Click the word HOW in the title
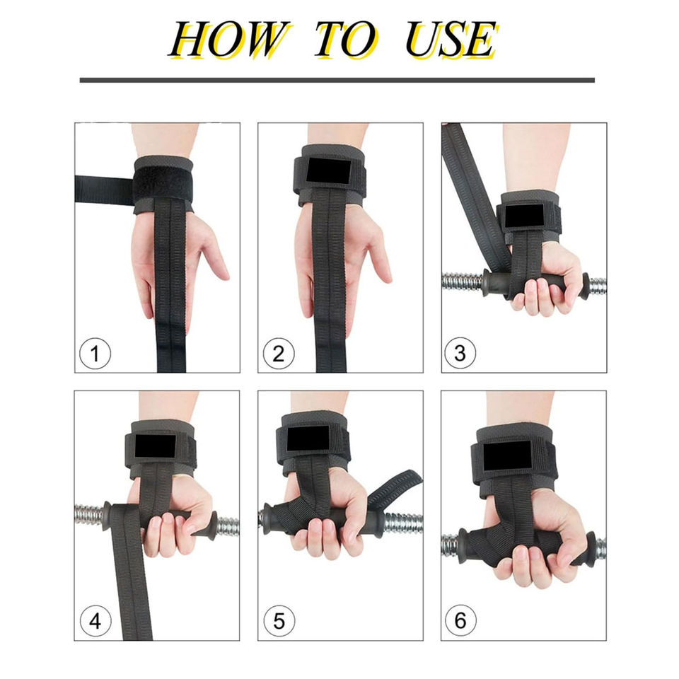tap(228, 40)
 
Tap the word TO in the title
tap(346, 40)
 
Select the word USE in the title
tap(451, 40)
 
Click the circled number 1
tap(95, 354)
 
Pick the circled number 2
tap(279, 354)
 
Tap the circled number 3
tap(460, 353)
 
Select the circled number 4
tap(95, 622)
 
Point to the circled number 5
tap(279, 622)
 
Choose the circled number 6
tap(460, 620)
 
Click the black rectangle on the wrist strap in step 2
tap(329, 170)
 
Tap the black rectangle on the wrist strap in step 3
tap(524, 215)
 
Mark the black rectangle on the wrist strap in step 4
tap(155, 446)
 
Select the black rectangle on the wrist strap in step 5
tap(308, 439)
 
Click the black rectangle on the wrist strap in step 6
tap(506, 456)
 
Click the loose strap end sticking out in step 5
tap(395, 487)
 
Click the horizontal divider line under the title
tap(337, 80)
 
